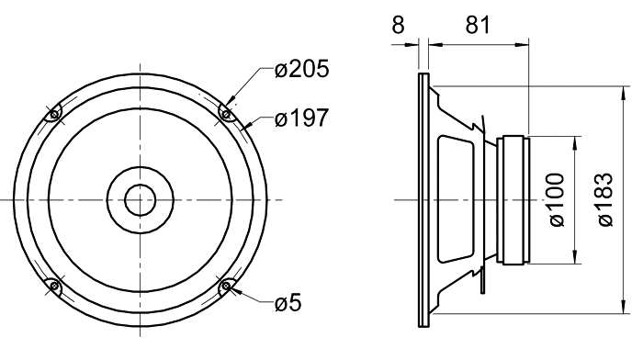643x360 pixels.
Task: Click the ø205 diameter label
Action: coord(301,69)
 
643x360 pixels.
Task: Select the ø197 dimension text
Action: coord(301,118)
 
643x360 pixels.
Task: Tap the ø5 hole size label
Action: coord(288,303)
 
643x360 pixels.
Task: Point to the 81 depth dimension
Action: coord(478,25)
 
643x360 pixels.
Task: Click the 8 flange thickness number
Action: coord(398,25)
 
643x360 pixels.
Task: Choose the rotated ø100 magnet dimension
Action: coord(557,199)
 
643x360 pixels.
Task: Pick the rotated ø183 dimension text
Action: coord(605,199)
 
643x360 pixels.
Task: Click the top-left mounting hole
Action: coord(53,115)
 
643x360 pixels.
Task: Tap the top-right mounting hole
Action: coord(226,114)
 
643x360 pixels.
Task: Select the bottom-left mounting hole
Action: coord(53,286)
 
